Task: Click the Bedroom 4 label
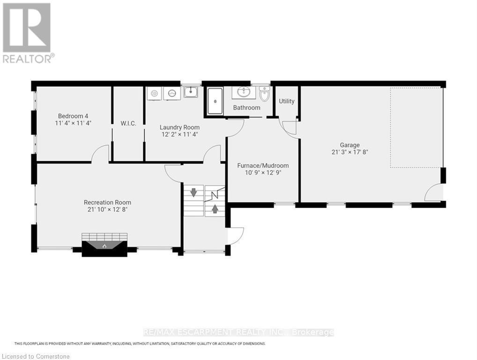point(73,116)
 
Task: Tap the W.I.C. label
point(128,123)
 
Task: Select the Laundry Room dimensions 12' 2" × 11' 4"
point(179,135)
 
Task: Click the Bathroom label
point(246,108)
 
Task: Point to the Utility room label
point(286,101)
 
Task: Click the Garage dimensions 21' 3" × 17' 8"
point(350,152)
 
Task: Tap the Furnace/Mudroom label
point(263,165)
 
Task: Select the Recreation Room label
point(107,202)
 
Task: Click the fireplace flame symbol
point(104,245)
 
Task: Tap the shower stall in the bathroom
point(215,101)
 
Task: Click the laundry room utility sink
point(190,92)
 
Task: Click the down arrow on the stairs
point(193,192)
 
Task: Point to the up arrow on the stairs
point(215,208)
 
